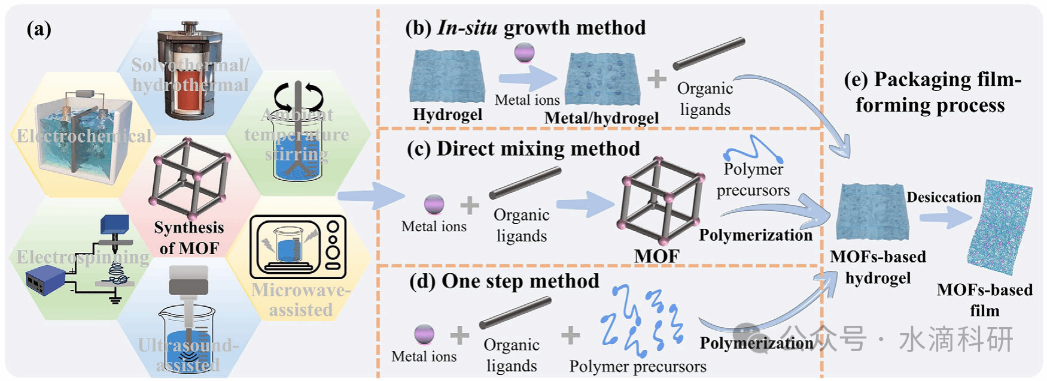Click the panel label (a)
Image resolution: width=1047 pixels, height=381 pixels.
click(x=39, y=29)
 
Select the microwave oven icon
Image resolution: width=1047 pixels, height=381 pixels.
click(x=298, y=247)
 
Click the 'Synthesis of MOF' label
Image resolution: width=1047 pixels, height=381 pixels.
click(x=189, y=237)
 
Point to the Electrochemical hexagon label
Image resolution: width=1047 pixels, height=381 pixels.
click(x=84, y=136)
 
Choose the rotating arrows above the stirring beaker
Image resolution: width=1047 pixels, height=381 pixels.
click(x=298, y=96)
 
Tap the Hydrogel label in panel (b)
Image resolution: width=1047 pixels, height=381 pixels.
click(x=448, y=114)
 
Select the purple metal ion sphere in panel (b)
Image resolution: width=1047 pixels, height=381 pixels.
click(x=524, y=52)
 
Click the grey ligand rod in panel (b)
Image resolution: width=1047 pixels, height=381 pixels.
click(x=709, y=54)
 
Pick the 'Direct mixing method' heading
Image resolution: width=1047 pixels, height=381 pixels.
click(x=523, y=149)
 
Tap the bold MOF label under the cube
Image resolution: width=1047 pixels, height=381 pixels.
click(x=656, y=256)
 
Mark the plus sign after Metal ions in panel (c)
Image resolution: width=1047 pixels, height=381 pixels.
click(x=470, y=205)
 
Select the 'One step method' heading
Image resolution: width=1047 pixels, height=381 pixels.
click(x=504, y=281)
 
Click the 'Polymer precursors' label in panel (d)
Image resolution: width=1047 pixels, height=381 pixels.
click(x=638, y=366)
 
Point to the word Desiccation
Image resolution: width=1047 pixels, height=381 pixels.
click(x=943, y=197)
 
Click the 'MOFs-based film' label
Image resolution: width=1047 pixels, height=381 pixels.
click(x=984, y=300)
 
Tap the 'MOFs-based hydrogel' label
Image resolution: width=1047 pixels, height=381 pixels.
click(x=878, y=267)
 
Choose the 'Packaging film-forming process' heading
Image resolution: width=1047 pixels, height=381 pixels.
click(x=931, y=92)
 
